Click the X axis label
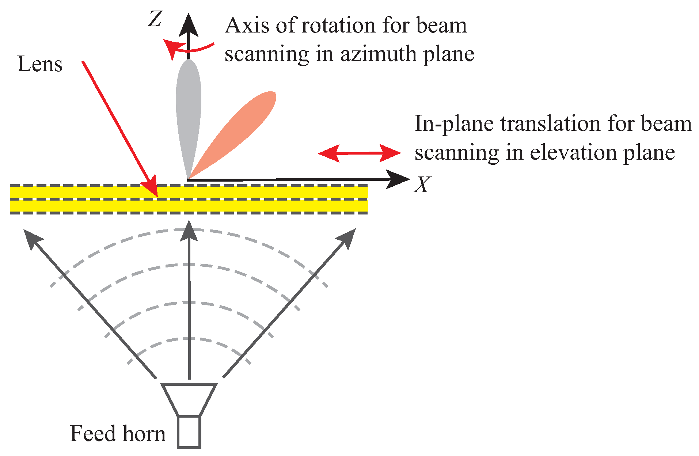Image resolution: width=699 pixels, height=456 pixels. [x=422, y=185]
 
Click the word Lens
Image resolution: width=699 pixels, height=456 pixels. [x=40, y=65]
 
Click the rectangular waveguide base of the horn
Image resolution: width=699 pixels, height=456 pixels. [x=189, y=432]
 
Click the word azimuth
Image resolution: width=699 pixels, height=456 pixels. [x=379, y=54]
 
